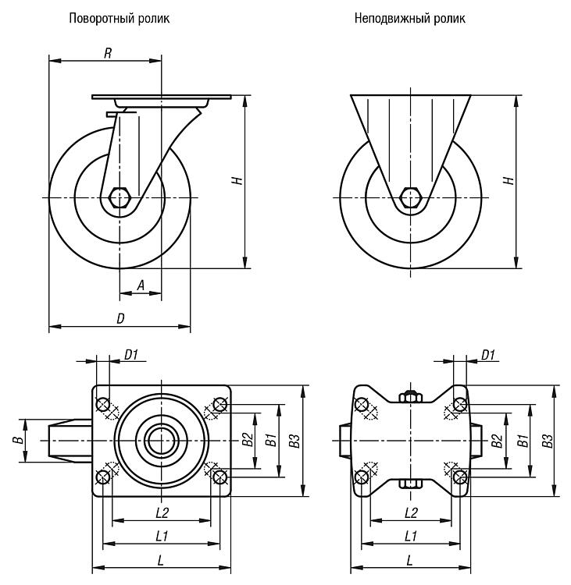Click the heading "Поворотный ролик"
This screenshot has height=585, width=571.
120,18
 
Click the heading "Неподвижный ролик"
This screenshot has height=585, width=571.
410,18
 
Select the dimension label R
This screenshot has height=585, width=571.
108,53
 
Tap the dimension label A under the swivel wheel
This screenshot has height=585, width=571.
141,285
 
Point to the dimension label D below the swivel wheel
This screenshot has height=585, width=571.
120,318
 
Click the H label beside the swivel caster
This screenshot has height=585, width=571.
238,181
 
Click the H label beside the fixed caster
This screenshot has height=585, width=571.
509,181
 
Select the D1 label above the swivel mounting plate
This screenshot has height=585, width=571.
131,355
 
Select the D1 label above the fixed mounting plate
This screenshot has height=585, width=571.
488,355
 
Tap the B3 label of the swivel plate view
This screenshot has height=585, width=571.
294,441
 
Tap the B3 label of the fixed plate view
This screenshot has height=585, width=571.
548,441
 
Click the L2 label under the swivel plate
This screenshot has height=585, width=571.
162,513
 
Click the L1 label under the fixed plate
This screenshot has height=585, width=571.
411,537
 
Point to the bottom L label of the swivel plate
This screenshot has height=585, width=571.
161,560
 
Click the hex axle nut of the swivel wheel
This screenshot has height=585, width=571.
120,197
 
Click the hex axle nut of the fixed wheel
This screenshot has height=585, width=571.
410,197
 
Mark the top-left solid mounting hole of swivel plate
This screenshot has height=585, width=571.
103,404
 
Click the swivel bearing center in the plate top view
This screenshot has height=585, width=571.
161,441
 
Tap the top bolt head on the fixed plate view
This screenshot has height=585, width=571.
410,396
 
